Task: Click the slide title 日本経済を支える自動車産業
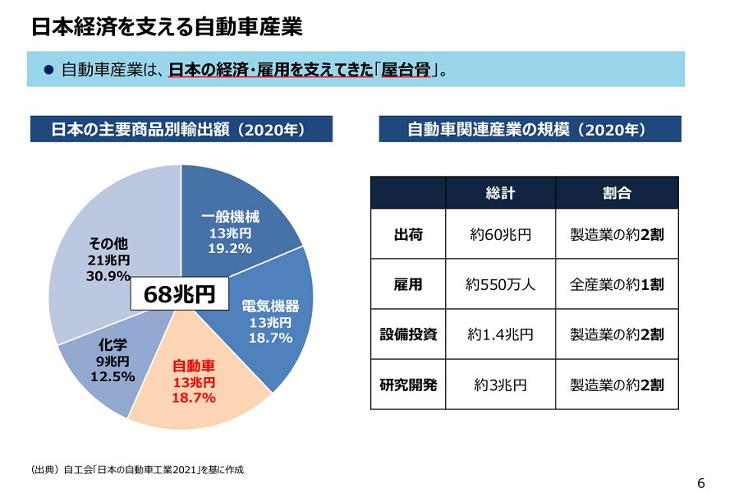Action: point(168,27)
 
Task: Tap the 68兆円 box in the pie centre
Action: point(178,294)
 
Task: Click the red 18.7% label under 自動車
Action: point(194,399)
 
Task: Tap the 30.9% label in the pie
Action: point(108,276)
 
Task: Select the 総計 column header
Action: point(500,193)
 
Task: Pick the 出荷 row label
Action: point(408,234)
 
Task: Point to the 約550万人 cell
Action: point(500,285)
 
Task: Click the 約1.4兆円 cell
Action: point(500,334)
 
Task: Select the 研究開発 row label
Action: point(408,384)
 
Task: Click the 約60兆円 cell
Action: point(500,234)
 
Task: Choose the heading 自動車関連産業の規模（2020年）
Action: point(530,130)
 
